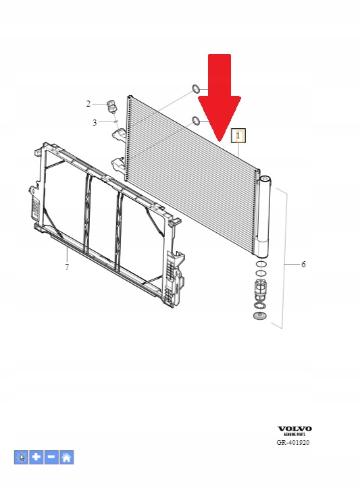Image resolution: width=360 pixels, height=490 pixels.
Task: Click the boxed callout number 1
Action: [238, 136]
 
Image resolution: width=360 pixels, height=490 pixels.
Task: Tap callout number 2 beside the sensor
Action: [88, 104]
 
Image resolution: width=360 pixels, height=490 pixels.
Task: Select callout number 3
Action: [95, 123]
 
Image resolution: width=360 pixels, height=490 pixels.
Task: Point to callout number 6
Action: [303, 265]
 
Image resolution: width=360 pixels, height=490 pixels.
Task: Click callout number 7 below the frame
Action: [67, 267]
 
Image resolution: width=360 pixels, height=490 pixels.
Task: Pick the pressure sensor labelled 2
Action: [111, 106]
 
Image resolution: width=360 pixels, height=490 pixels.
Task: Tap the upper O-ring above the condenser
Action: [195, 88]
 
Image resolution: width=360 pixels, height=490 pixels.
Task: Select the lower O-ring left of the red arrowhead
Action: [196, 120]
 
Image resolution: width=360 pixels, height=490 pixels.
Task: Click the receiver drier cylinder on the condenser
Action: [263, 217]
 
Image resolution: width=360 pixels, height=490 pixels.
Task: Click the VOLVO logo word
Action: [294, 429]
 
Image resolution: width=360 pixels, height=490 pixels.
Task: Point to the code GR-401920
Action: [293, 443]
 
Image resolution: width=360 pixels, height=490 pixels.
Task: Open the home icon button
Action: [66, 458]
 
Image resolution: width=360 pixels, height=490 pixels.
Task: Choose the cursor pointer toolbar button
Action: [21, 458]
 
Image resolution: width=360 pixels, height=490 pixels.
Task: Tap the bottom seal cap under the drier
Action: [260, 316]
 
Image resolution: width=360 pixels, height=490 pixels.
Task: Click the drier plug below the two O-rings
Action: [260, 289]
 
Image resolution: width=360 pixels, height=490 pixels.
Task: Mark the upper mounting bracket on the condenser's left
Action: [119, 134]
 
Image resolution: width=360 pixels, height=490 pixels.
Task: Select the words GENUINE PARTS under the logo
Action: [294, 435]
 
